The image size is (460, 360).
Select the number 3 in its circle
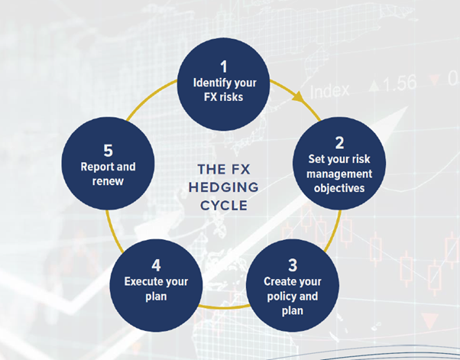(x=293, y=266)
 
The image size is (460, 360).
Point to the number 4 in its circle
(x=156, y=265)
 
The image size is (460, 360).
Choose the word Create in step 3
(x=279, y=282)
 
